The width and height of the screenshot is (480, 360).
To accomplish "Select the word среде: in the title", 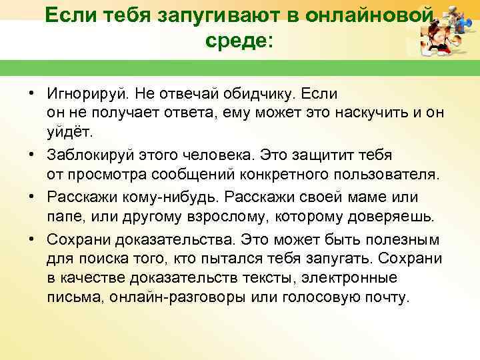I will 239,41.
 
